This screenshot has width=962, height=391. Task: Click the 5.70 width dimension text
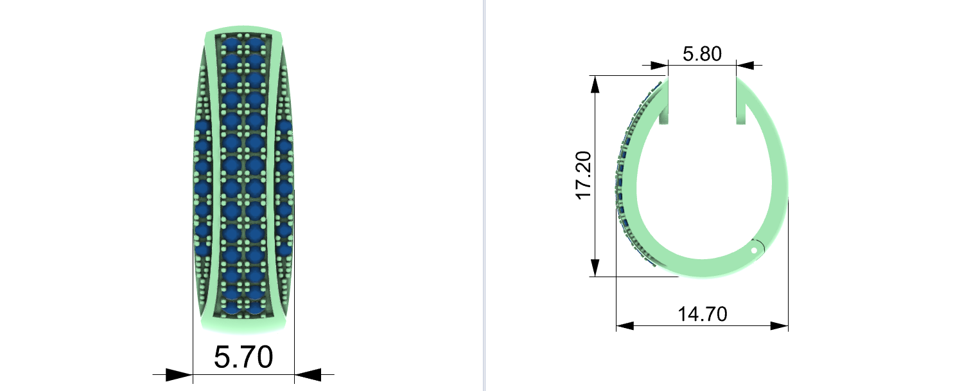[x=243, y=357]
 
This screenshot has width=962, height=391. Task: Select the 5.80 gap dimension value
[x=702, y=54]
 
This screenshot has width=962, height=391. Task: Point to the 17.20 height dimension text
[x=584, y=176]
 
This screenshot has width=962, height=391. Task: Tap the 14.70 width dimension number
[x=703, y=314]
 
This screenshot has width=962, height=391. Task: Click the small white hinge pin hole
[x=754, y=250]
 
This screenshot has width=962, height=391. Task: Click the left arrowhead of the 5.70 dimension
[x=179, y=375]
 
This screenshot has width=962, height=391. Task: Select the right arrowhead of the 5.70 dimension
[x=308, y=375]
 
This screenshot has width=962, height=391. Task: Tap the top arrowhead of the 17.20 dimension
[x=595, y=84]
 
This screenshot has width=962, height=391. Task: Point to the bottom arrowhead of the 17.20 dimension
[x=595, y=268]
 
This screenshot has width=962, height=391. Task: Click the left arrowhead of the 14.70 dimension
[x=625, y=326]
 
